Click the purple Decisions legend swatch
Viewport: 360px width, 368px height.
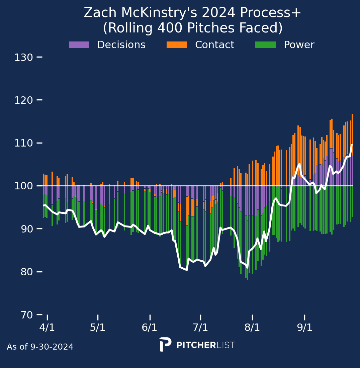click(x=79, y=45)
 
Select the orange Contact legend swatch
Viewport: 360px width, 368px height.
click(x=177, y=45)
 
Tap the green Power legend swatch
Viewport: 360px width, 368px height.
click(x=265, y=45)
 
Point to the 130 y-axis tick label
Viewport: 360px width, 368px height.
click(x=23, y=58)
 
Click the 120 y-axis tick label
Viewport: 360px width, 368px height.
click(x=23, y=100)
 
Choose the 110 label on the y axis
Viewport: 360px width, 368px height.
click(x=23, y=143)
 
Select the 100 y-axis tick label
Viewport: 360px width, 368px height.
click(x=23, y=186)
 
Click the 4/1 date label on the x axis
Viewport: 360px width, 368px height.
click(x=47, y=327)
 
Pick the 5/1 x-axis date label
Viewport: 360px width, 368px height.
click(x=98, y=327)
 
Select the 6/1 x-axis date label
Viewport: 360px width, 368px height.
click(x=150, y=327)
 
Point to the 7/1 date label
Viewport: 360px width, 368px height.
click(x=200, y=327)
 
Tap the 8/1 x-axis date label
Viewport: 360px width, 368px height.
click(x=252, y=327)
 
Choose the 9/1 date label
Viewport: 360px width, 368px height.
click(x=304, y=327)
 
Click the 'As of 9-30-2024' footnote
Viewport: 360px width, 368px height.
click(x=40, y=347)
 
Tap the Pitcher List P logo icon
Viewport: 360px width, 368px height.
click(x=165, y=344)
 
